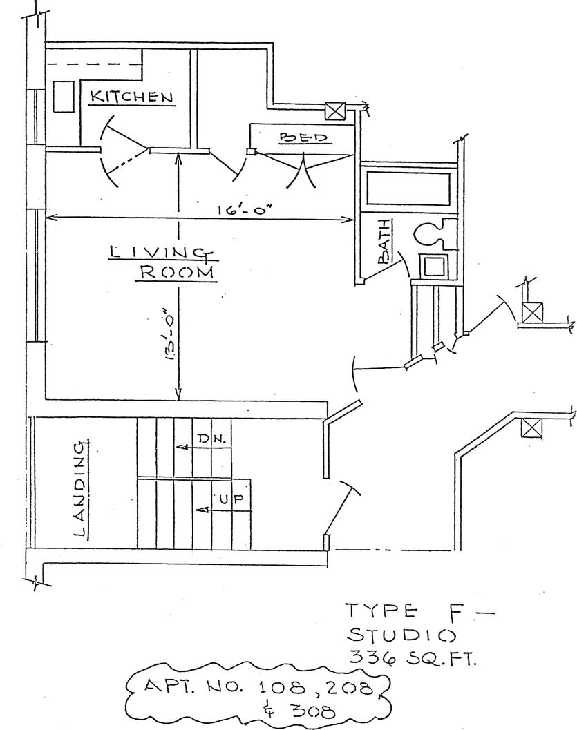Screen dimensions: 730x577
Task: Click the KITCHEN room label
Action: pos(132,96)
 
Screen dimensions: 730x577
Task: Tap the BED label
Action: pos(302,137)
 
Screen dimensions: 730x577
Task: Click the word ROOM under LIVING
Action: pos(177,272)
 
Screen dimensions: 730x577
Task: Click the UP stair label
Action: pos(229,499)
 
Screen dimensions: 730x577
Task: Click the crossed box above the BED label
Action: pos(336,110)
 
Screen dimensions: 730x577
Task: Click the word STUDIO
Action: pos(400,633)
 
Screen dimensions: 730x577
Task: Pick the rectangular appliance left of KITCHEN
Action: pos(64,96)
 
